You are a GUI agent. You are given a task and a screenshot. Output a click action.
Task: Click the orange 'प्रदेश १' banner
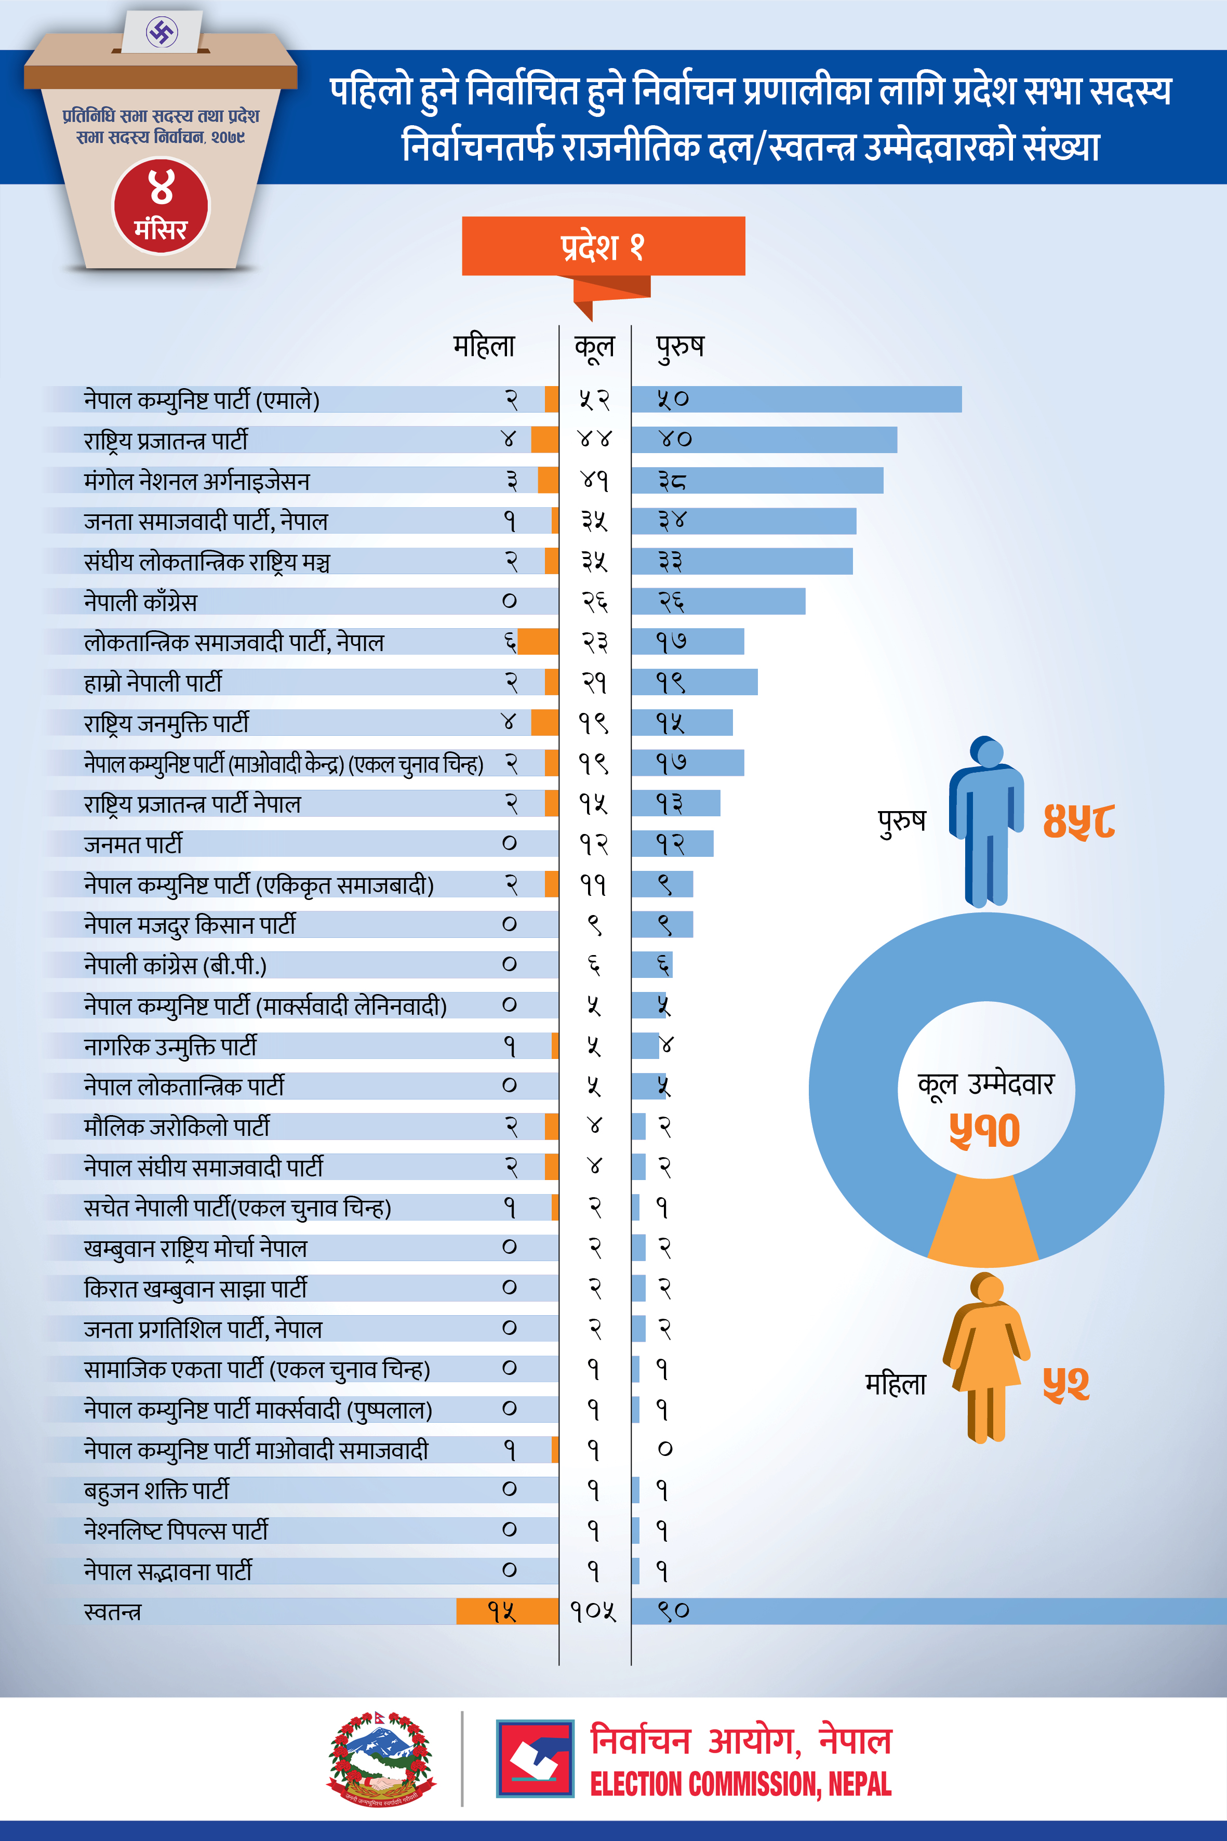point(603,246)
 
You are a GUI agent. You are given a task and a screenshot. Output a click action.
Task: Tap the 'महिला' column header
point(484,345)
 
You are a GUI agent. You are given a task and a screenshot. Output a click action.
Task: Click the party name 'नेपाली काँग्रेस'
point(141,602)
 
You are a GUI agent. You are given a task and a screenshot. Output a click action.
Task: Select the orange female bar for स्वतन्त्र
point(507,1611)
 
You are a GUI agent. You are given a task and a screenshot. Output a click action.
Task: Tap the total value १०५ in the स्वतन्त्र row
point(593,1611)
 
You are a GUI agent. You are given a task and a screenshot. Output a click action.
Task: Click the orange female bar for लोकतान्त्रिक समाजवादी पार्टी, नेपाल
point(538,642)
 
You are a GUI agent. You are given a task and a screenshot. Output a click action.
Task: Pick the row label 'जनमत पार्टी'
point(133,844)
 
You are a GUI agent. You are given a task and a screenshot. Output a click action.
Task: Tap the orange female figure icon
point(986,1358)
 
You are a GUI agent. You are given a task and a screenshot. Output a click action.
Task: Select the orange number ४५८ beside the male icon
point(1078,821)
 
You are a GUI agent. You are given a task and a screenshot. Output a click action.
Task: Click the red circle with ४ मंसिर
point(161,206)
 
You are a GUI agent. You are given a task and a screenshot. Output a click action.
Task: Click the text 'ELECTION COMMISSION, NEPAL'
point(740,1785)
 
